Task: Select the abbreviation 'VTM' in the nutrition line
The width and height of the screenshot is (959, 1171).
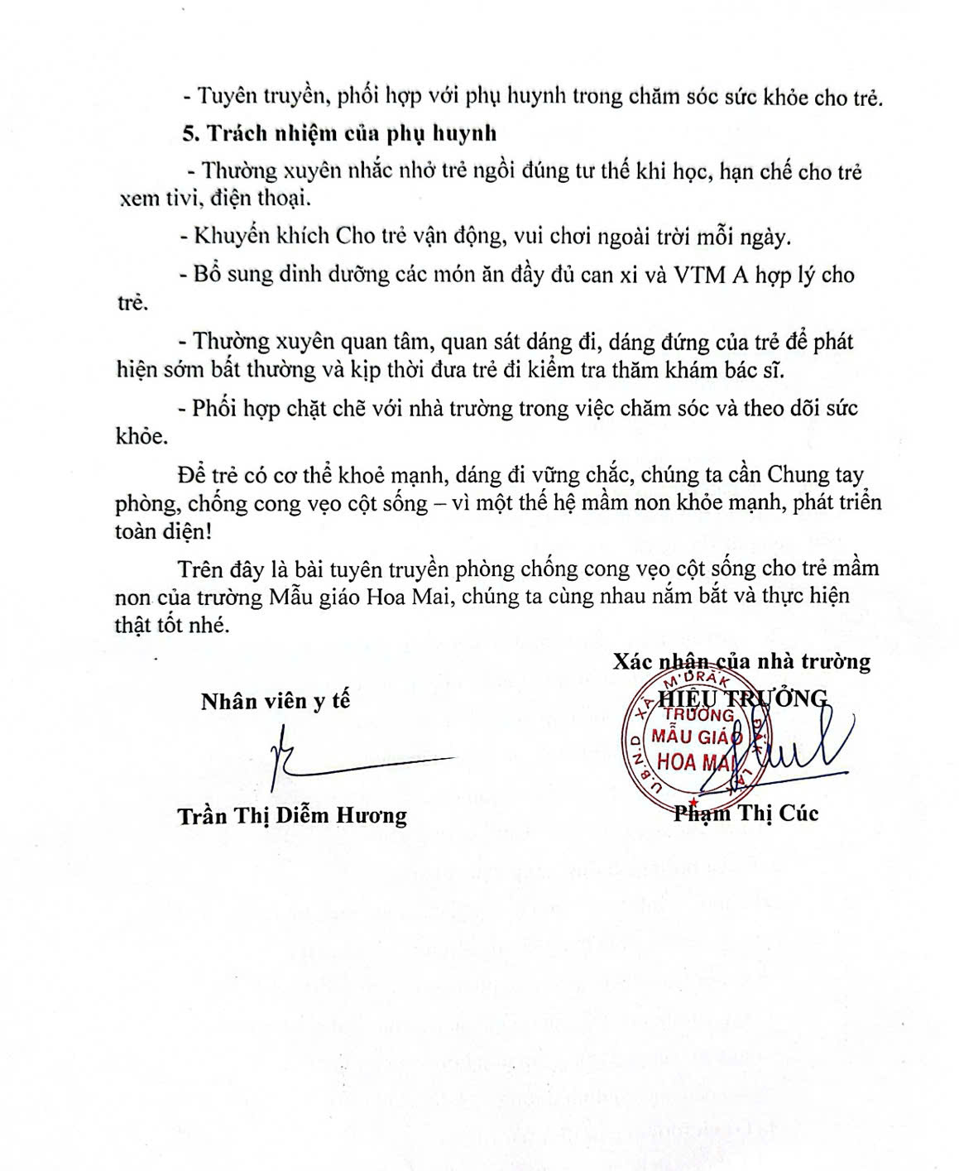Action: (698, 275)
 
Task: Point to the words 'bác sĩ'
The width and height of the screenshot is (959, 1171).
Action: (749, 369)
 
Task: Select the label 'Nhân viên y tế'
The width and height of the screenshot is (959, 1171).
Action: (276, 701)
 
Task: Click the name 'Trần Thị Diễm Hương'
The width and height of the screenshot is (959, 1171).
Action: (292, 816)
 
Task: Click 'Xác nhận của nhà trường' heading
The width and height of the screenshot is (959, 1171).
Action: (741, 661)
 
